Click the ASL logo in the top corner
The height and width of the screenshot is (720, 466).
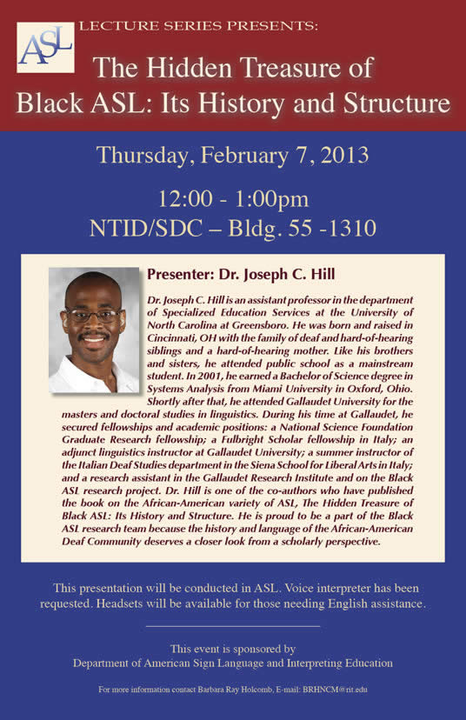[x=45, y=47]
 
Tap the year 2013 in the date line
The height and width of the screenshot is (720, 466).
[x=344, y=155]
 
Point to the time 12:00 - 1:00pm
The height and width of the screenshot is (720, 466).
[x=233, y=199]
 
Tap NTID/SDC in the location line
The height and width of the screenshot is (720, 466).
[x=146, y=228]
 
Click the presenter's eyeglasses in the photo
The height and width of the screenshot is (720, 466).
[x=93, y=316]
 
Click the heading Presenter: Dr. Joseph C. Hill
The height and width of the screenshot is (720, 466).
[x=241, y=275]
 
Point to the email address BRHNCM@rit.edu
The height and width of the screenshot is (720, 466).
[x=335, y=690]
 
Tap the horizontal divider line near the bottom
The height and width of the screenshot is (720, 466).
[x=233, y=626]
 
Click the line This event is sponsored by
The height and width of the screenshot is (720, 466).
[x=233, y=649]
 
